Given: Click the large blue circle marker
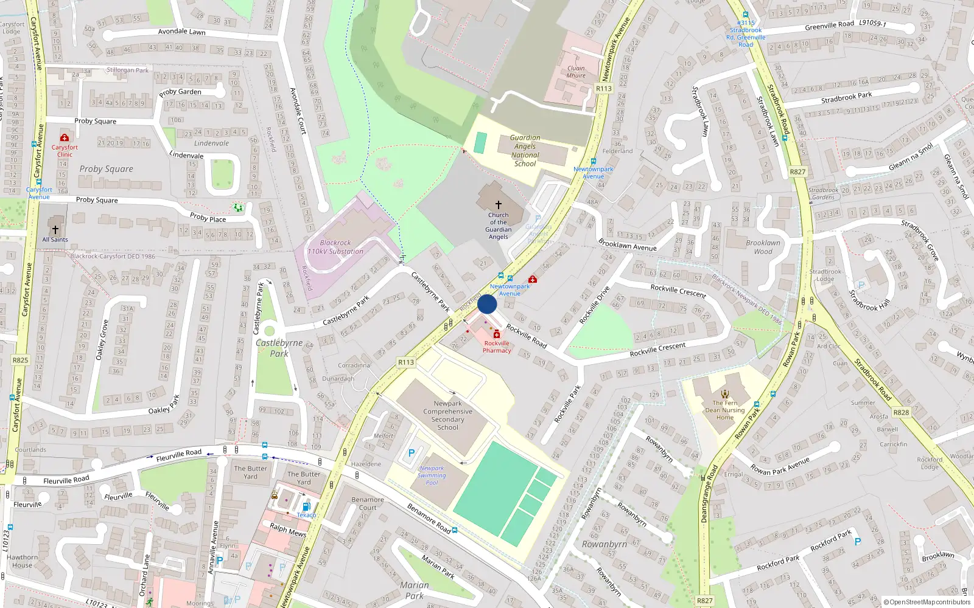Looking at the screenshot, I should click(487, 304).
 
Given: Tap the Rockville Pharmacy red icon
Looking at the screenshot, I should click(497, 334).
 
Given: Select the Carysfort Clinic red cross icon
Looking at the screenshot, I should click(65, 138).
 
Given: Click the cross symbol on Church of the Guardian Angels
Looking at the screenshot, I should click(498, 206).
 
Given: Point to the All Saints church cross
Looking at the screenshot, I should click(55, 230).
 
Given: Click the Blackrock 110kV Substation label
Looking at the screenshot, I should click(335, 247).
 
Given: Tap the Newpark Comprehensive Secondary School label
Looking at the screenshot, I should click(447, 415).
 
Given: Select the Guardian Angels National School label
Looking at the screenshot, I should click(525, 151).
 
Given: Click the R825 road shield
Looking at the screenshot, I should click(20, 360).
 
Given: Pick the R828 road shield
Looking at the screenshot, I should click(901, 412).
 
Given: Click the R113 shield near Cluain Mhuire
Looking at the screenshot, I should click(603, 88).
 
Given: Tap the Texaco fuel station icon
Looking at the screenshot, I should click(306, 506).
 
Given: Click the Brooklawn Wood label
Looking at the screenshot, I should click(763, 247).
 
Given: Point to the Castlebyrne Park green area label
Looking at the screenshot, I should click(279, 348).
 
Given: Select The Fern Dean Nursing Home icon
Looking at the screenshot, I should click(724, 394).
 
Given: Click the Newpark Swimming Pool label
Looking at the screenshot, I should click(432, 475).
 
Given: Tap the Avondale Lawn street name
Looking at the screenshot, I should click(181, 32).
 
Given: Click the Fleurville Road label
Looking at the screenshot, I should click(178, 454).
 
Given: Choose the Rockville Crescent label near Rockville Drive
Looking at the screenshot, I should click(678, 291).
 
